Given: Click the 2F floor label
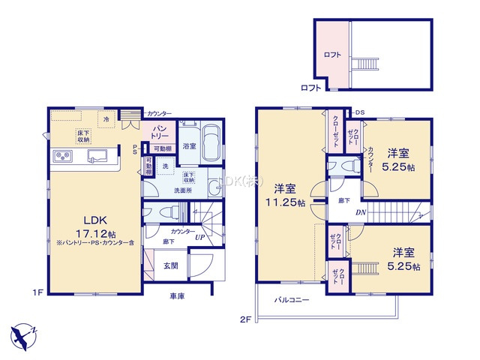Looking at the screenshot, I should (244, 319).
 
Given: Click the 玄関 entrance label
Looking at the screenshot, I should (171, 265).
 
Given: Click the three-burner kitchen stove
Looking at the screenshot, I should (61, 157).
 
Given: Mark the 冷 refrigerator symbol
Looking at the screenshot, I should (107, 119).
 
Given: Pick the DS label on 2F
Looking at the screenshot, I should (360, 112).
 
